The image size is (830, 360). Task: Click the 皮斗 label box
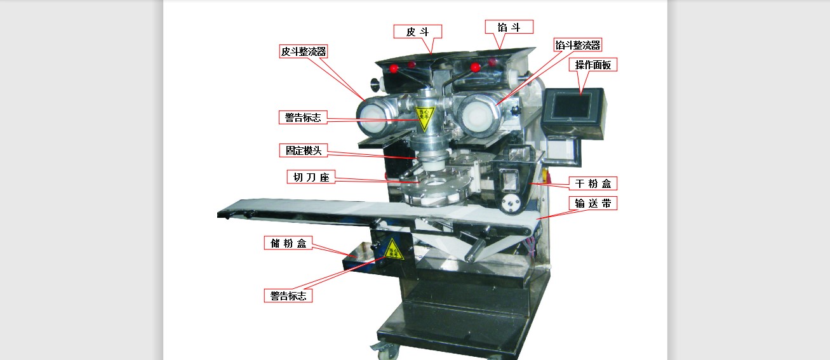click(418, 32)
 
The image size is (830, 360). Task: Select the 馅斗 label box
click(509, 27)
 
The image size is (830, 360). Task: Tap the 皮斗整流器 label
click(304, 51)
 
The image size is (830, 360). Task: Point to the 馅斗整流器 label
click(578, 45)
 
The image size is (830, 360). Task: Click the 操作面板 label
click(593, 65)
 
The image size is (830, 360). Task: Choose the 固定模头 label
click(304, 150)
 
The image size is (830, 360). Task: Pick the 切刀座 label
click(311, 177)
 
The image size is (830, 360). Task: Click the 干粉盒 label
click(593, 183)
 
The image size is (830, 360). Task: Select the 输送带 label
click(593, 203)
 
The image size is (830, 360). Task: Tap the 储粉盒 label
click(288, 243)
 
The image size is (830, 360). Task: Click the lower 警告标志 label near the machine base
click(288, 296)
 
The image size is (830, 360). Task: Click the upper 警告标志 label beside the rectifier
click(303, 117)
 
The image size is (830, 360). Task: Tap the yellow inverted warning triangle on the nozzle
click(425, 117)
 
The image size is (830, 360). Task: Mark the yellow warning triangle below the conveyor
click(392, 250)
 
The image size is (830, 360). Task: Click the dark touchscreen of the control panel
click(571, 106)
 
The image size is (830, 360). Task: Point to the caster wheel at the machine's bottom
click(384, 350)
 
